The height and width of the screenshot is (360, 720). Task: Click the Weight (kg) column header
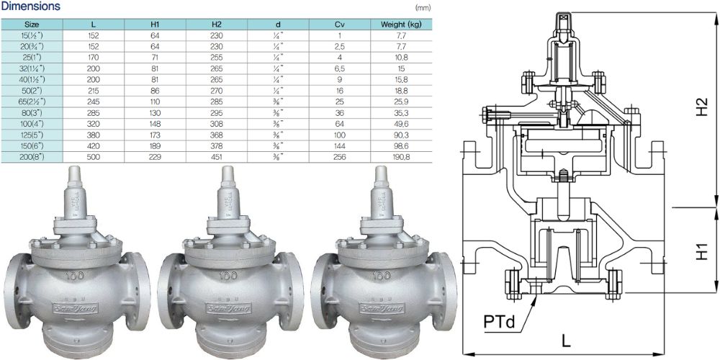(401, 24)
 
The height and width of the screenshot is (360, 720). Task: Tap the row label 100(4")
(32, 124)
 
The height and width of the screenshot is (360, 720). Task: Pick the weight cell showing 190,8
(401, 157)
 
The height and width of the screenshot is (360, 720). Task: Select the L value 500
(94, 157)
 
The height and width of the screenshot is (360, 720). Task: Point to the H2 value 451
(217, 157)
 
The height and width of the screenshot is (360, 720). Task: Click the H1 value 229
(155, 157)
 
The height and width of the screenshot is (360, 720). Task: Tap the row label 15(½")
(32, 34)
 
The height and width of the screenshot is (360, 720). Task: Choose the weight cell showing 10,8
(401, 57)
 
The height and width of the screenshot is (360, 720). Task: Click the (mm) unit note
(422, 8)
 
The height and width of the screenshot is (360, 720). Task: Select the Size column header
(32, 24)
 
